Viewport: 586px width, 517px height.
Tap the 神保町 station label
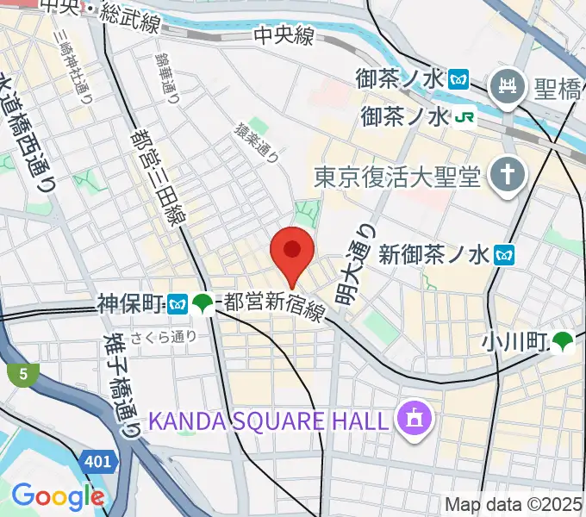tap(130, 303)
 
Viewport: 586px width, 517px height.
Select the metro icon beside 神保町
tap(178, 303)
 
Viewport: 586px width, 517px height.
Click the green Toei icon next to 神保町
tap(203, 303)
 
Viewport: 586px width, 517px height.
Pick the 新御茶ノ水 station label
tap(434, 254)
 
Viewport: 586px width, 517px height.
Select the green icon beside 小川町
tap(564, 342)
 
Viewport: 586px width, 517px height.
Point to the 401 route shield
tap(97, 462)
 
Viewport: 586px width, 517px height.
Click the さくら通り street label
tap(164, 338)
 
